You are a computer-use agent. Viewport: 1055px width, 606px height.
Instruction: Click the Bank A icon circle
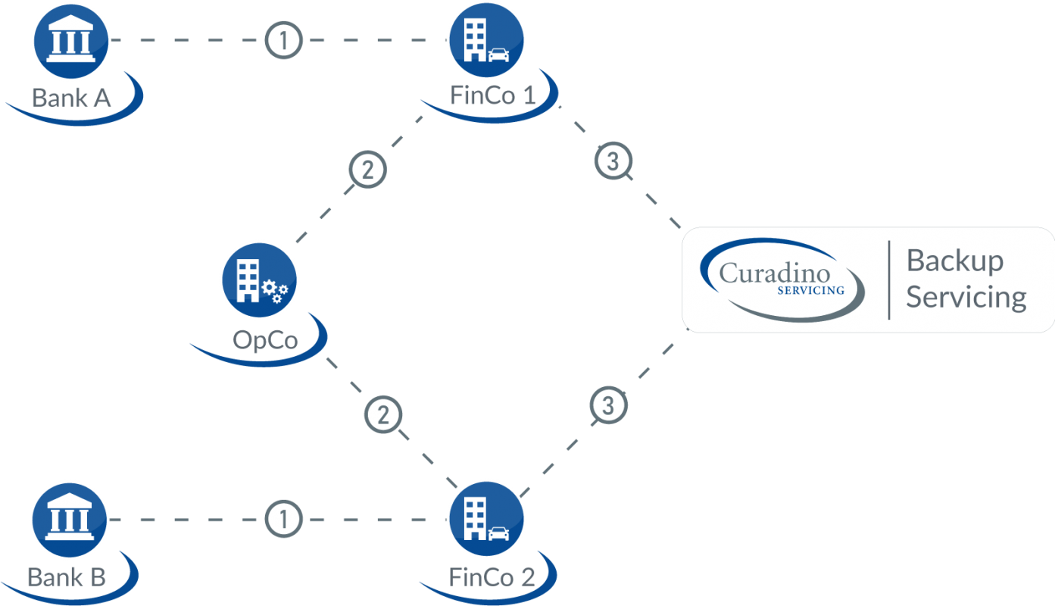tap(70, 40)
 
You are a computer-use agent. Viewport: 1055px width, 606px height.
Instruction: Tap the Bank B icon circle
tap(70, 519)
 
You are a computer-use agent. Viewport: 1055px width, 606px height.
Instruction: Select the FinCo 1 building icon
tap(486, 40)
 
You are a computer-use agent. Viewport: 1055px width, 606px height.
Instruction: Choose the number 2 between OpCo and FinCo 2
tap(383, 414)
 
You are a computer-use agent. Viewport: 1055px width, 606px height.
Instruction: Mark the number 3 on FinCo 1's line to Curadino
tap(613, 161)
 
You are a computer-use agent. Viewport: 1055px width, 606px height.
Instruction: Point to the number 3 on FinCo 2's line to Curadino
tap(608, 405)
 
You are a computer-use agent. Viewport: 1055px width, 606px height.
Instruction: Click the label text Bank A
tap(71, 97)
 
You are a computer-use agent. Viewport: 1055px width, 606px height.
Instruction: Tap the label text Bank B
tap(67, 576)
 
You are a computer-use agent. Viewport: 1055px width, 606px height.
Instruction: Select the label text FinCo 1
tap(492, 96)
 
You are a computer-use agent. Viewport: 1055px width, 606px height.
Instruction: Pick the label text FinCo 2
tap(492, 576)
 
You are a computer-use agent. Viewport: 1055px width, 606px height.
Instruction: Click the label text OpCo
tap(265, 339)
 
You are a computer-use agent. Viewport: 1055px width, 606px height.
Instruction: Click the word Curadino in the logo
tap(775, 273)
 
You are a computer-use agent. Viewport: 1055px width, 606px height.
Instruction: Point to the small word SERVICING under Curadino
tap(810, 290)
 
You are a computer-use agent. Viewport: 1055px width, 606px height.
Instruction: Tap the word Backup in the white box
tap(954, 261)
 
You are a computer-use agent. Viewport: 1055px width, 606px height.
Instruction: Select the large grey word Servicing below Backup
tap(966, 297)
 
